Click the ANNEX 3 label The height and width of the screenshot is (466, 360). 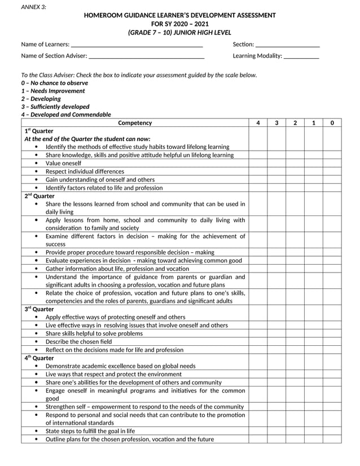(33, 7)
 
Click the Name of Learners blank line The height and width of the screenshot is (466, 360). (137, 45)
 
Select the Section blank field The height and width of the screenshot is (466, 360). (288, 45)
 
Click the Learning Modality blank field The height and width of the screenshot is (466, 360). (301, 56)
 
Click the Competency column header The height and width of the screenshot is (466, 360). (135, 123)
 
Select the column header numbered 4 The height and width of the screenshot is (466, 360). (258, 123)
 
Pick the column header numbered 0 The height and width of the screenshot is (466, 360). (332, 123)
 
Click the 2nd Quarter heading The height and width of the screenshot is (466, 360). (39, 196)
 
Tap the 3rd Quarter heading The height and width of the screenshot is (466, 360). (39, 309)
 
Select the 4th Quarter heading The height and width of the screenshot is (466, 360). (39, 358)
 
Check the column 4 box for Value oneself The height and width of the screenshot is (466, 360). (258, 163)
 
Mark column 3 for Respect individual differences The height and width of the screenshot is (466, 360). (276, 172)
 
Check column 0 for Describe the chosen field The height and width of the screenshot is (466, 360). (332, 342)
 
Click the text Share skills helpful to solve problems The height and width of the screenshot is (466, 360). (94, 333)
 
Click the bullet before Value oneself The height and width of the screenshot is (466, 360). (36, 163)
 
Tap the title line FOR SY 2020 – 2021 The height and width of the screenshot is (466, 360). (180, 24)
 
